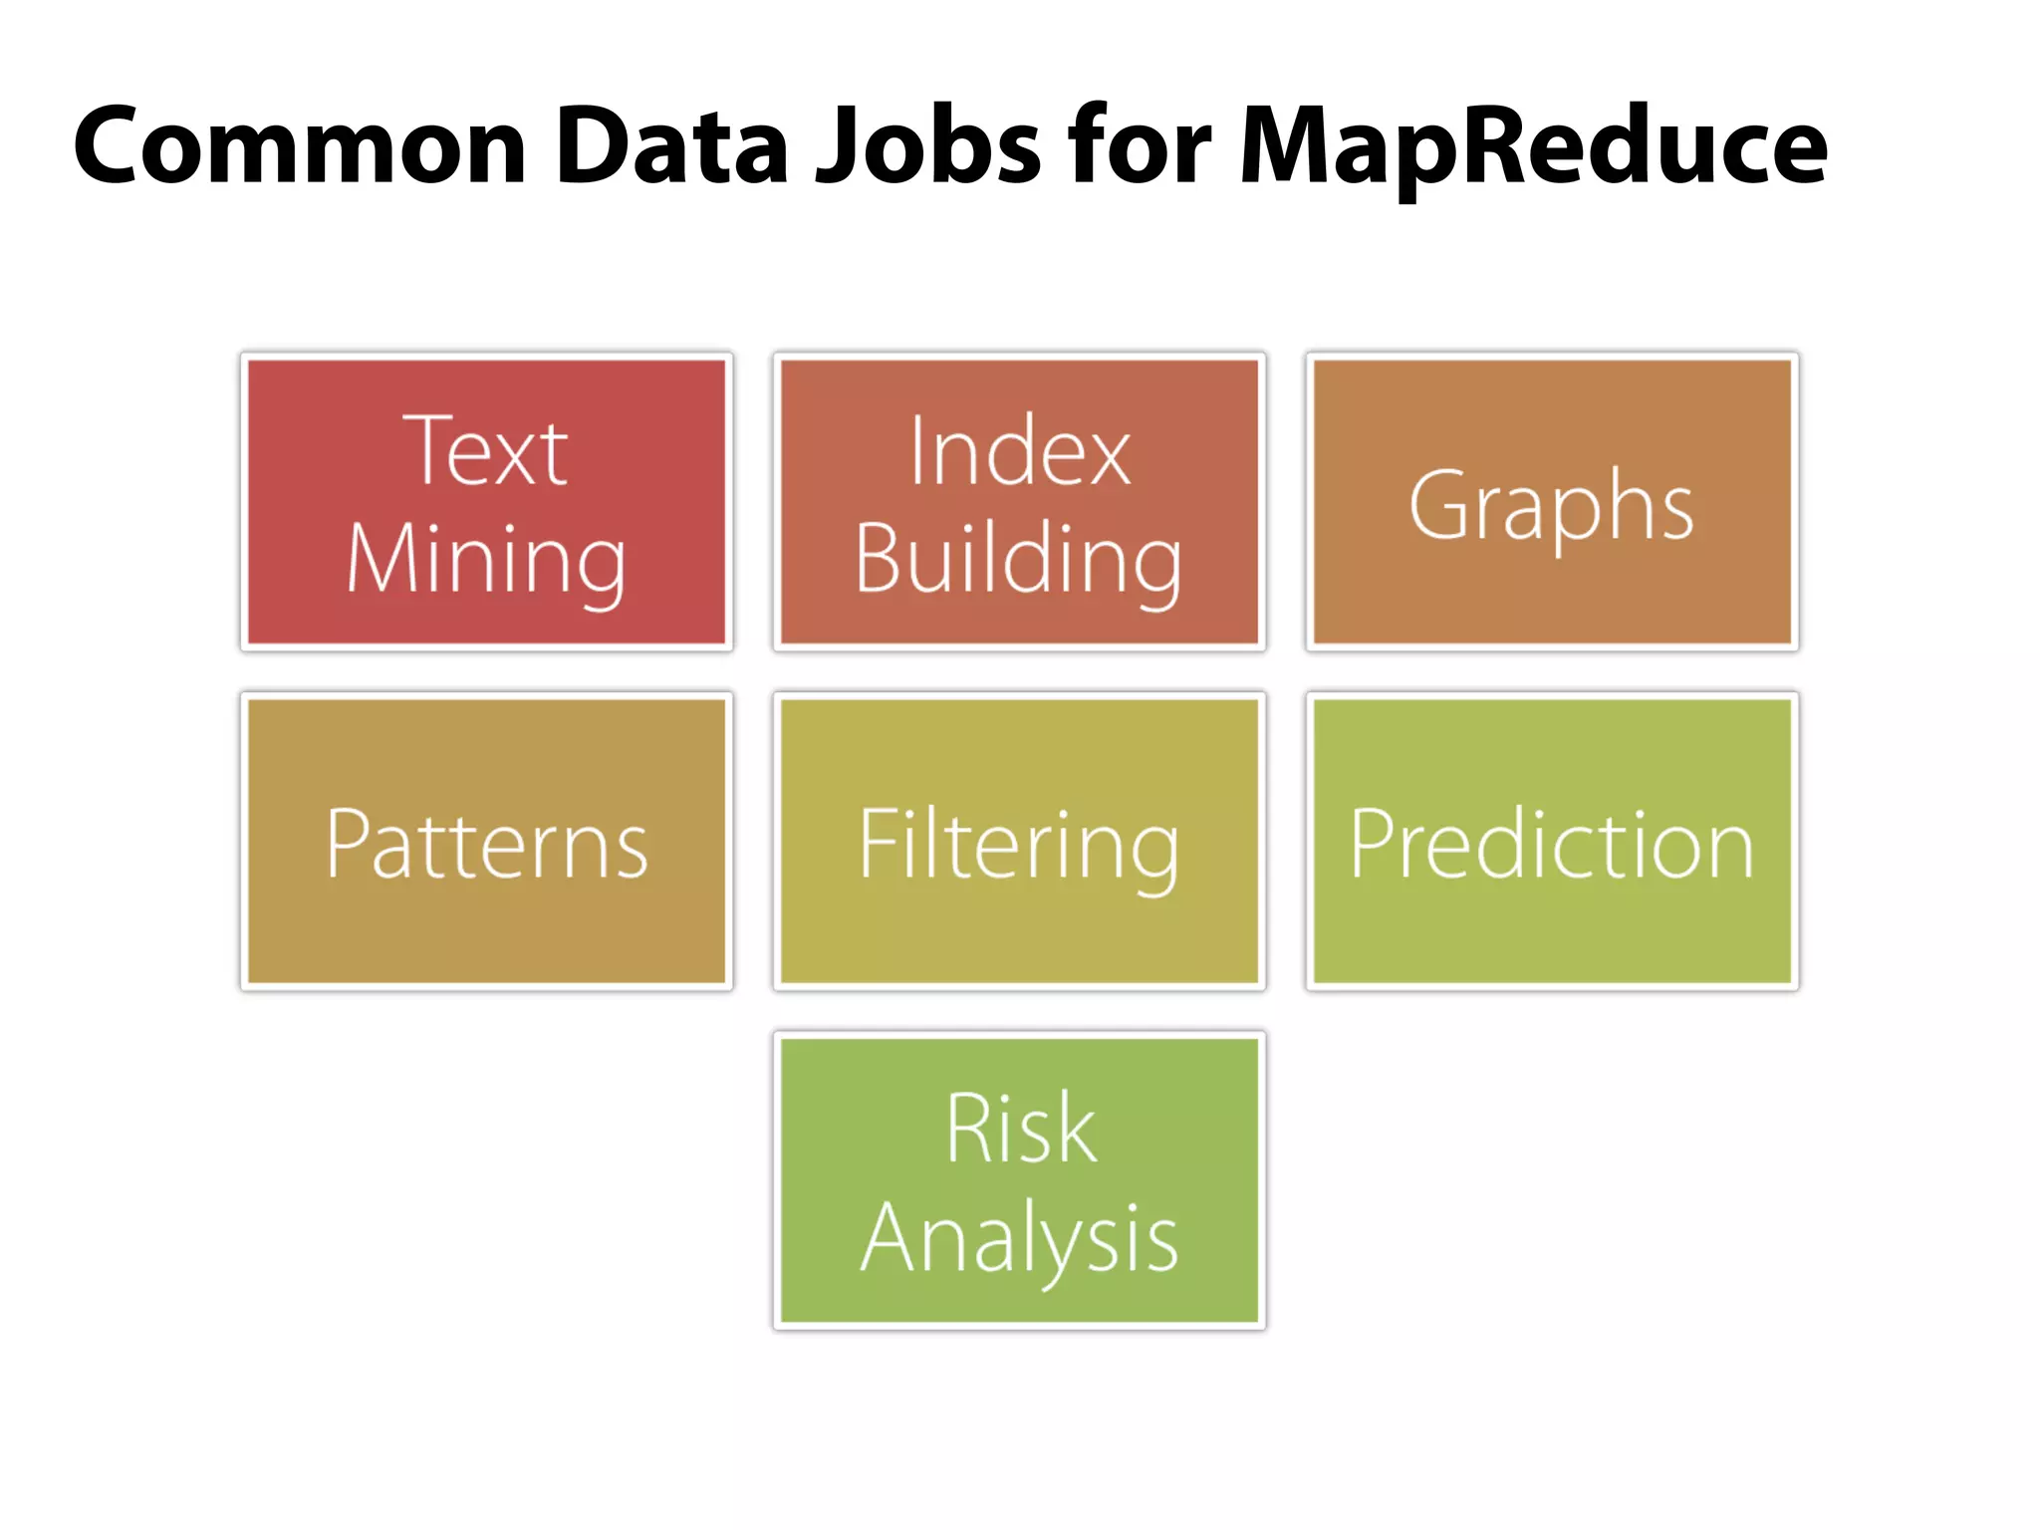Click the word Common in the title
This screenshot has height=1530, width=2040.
click(300, 146)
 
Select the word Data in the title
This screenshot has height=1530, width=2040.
click(672, 146)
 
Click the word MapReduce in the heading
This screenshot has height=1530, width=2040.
click(1533, 146)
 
